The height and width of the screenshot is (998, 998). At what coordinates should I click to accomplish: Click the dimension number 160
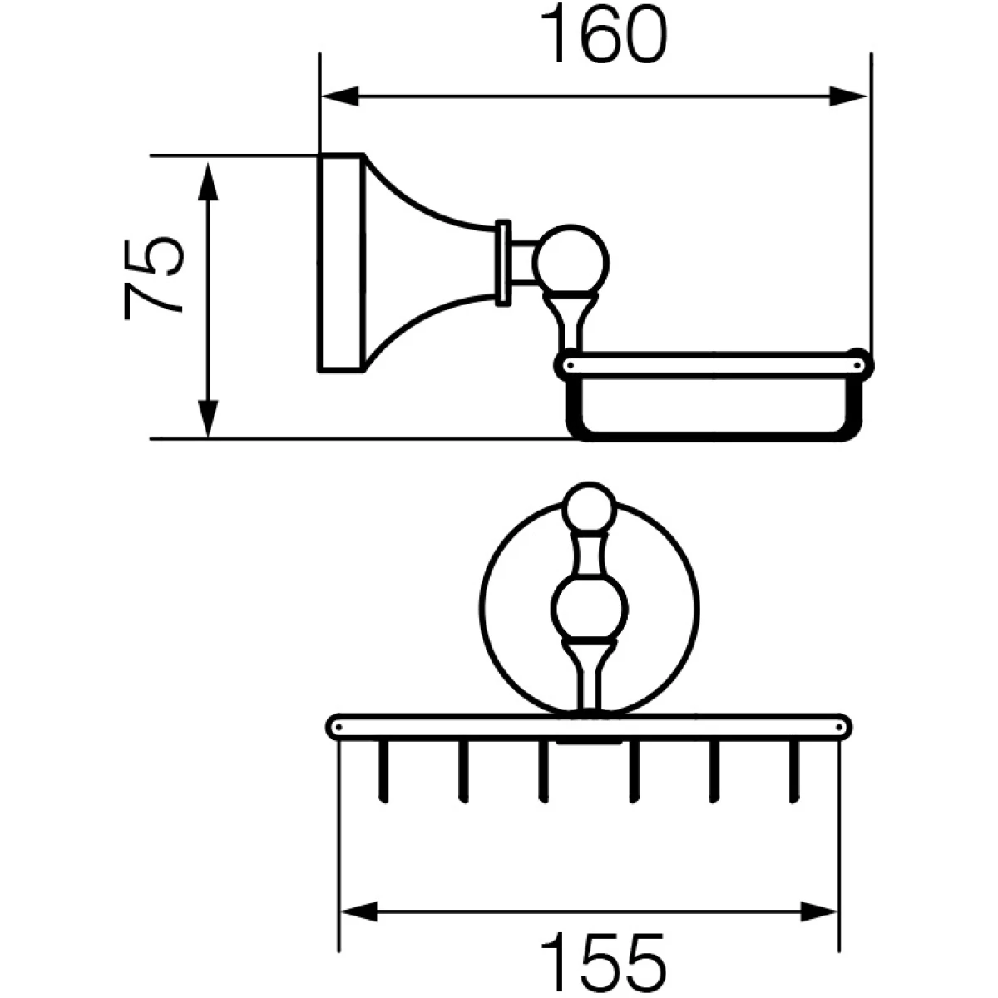click(603, 34)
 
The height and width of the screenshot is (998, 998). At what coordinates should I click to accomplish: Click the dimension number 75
click(154, 279)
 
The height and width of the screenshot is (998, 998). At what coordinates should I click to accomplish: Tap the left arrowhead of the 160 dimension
click(340, 96)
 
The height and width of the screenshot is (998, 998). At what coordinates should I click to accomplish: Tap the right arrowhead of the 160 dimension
click(847, 96)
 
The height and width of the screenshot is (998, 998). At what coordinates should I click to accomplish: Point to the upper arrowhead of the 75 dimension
click(208, 180)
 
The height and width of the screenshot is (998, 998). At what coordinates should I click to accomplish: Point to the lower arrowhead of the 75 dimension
click(208, 418)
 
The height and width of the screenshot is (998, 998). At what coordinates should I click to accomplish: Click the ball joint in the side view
click(571, 263)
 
